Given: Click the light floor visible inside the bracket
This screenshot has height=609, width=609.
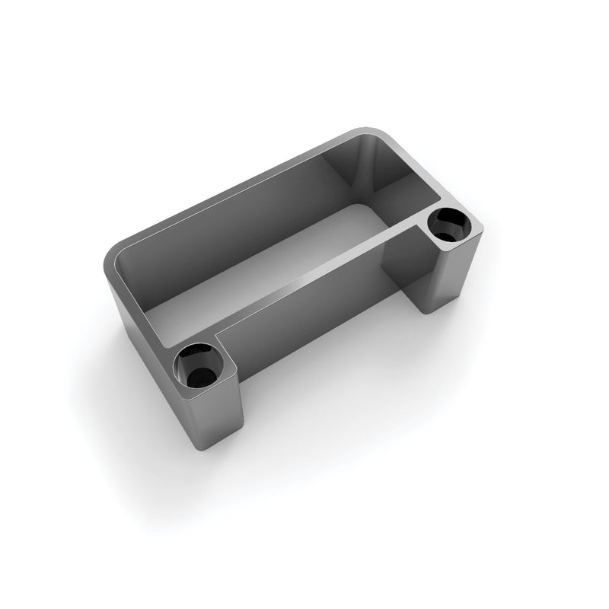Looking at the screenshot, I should tap(259, 259).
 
